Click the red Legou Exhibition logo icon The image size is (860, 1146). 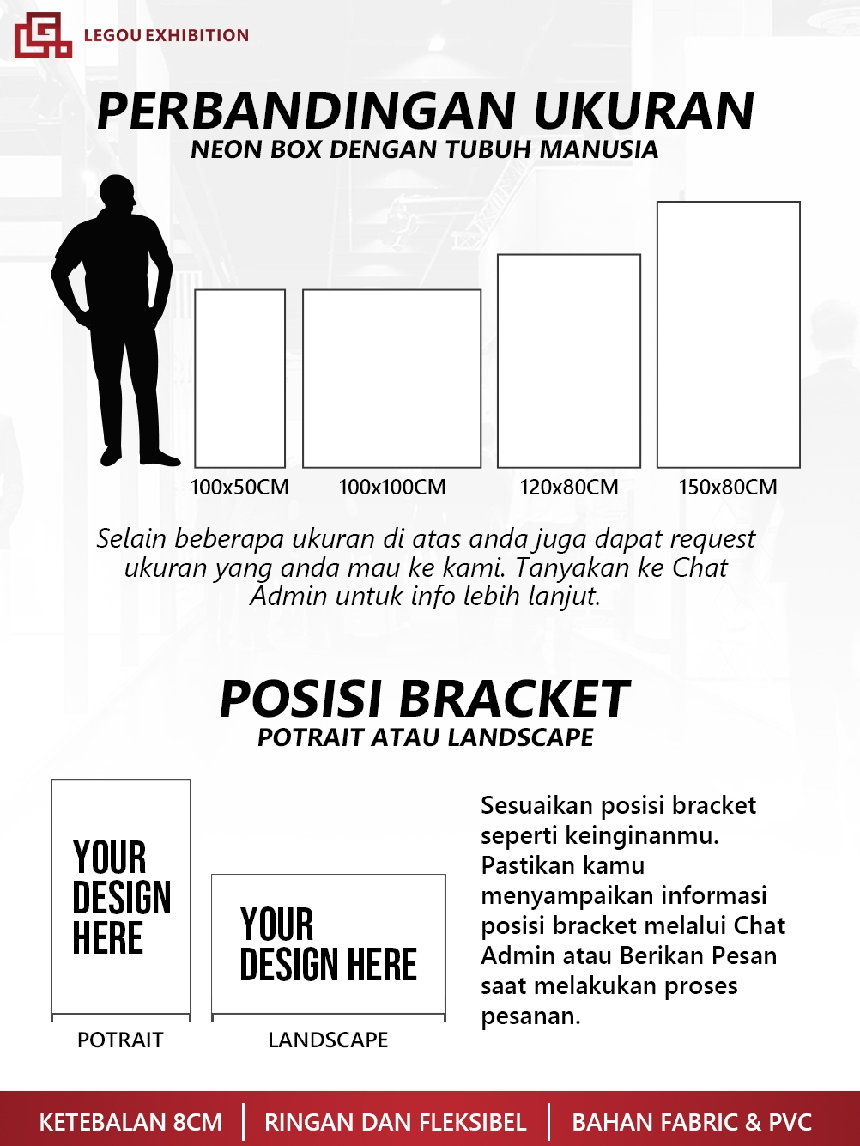[x=42, y=35]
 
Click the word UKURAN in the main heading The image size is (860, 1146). [x=644, y=111]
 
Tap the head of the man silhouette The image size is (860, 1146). [x=118, y=196]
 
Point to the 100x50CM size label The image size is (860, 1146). [x=239, y=488]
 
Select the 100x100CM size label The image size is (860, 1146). [x=392, y=488]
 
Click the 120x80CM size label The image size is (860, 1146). [x=569, y=488]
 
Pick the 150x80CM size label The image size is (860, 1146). [x=728, y=488]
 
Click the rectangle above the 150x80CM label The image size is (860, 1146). [x=728, y=335]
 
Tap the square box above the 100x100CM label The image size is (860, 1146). [x=391, y=379]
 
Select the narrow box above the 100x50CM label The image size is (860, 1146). [x=239, y=379]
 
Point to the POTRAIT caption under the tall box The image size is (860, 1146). [x=120, y=1040]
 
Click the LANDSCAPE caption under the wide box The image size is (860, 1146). [x=328, y=1040]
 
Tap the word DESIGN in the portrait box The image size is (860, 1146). [x=122, y=898]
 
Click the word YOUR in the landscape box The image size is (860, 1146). [x=276, y=925]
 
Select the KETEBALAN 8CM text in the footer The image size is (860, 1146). [x=130, y=1123]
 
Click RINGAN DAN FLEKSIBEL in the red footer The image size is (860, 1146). [x=395, y=1123]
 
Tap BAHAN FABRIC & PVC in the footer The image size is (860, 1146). [x=692, y=1123]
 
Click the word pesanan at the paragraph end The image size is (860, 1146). [x=530, y=1016]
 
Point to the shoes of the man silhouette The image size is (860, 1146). [x=137, y=456]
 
